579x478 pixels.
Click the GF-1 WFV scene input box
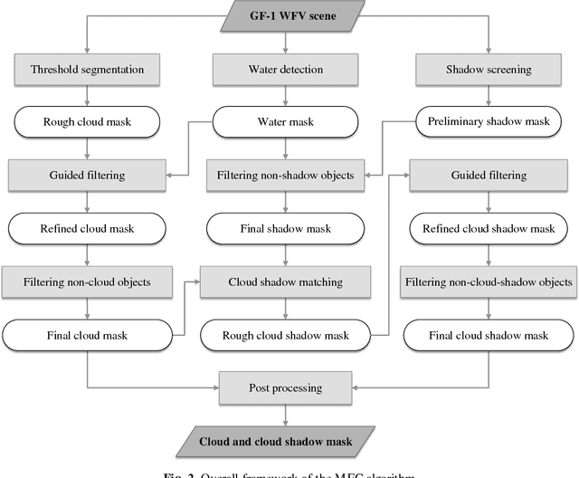[x=286, y=15]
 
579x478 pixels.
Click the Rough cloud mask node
[x=88, y=121]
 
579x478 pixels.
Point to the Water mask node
[x=286, y=121]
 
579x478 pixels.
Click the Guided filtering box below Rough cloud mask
[x=88, y=175]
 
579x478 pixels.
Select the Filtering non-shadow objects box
[x=286, y=175]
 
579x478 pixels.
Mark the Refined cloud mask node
[x=88, y=228]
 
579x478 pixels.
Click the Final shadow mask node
[x=286, y=228]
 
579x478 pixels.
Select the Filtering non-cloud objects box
[x=88, y=282]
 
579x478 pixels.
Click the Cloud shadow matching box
[x=286, y=282]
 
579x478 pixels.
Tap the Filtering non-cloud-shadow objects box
[x=489, y=282]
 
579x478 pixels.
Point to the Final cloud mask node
[x=88, y=335]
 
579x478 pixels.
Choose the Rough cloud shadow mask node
[x=286, y=335]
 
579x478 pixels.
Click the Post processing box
[x=286, y=388]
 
